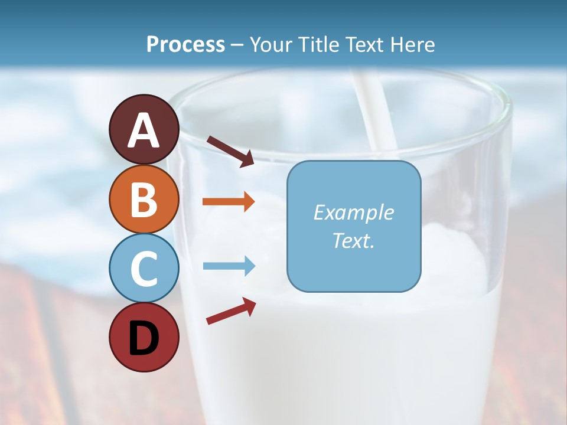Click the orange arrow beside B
tap(228, 202)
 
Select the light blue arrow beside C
tap(229, 266)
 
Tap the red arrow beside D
tap(231, 311)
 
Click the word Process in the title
tap(185, 45)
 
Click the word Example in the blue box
tap(353, 212)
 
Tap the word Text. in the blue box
tap(353, 240)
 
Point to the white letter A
tap(144, 130)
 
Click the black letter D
tap(144, 338)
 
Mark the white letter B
tap(144, 200)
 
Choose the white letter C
tap(144, 269)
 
